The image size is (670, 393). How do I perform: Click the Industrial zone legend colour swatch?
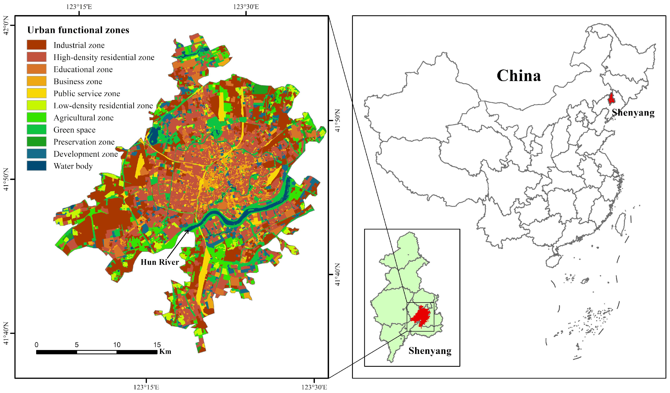tap(36, 45)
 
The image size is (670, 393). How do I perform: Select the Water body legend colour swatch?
tap(36, 166)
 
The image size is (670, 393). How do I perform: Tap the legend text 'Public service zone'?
tap(87, 93)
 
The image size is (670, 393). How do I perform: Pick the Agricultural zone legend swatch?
tap(36, 117)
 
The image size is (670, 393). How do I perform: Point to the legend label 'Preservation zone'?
tap(84, 142)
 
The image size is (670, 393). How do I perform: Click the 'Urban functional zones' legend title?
tap(78, 30)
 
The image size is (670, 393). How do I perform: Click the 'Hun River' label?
tap(159, 262)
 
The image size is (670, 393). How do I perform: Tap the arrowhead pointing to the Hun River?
tap(188, 231)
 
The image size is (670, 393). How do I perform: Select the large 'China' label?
tap(518, 76)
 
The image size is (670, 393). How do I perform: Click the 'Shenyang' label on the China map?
tap(633, 112)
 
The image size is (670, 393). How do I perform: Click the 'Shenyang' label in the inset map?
tap(430, 351)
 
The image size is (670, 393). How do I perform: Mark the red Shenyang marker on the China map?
tap(611, 98)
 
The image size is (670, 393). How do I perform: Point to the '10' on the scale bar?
tap(117, 345)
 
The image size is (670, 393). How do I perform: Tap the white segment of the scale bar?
tap(96, 352)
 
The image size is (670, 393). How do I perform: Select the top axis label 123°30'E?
tap(246, 7)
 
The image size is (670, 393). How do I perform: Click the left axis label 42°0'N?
tap(6, 25)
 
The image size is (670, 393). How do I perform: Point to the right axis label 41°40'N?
tap(337, 274)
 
